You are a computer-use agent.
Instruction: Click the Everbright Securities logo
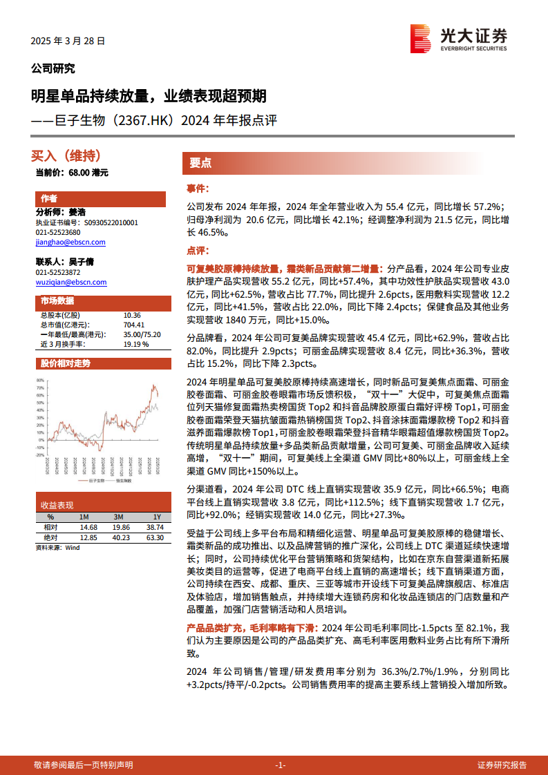point(458,38)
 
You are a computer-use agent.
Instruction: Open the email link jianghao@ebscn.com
point(70,242)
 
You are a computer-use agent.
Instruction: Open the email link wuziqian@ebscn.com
point(70,282)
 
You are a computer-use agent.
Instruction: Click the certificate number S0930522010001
point(110,223)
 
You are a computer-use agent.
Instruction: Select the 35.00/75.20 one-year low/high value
point(142,334)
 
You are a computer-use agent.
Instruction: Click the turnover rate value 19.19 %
point(136,343)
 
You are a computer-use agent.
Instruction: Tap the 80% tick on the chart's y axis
point(41,380)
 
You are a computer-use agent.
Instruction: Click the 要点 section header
point(200,163)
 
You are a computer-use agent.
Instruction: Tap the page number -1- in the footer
point(280,765)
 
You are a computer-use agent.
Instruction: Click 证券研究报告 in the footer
point(502,765)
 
